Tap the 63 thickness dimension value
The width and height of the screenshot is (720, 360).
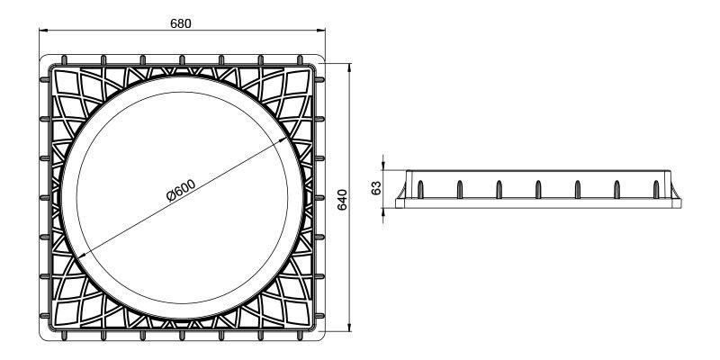click(x=377, y=189)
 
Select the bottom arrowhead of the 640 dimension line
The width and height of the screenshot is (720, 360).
click(x=348, y=331)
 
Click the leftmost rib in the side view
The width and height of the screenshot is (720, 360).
click(x=419, y=188)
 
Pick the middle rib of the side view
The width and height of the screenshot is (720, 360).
click(x=537, y=188)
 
